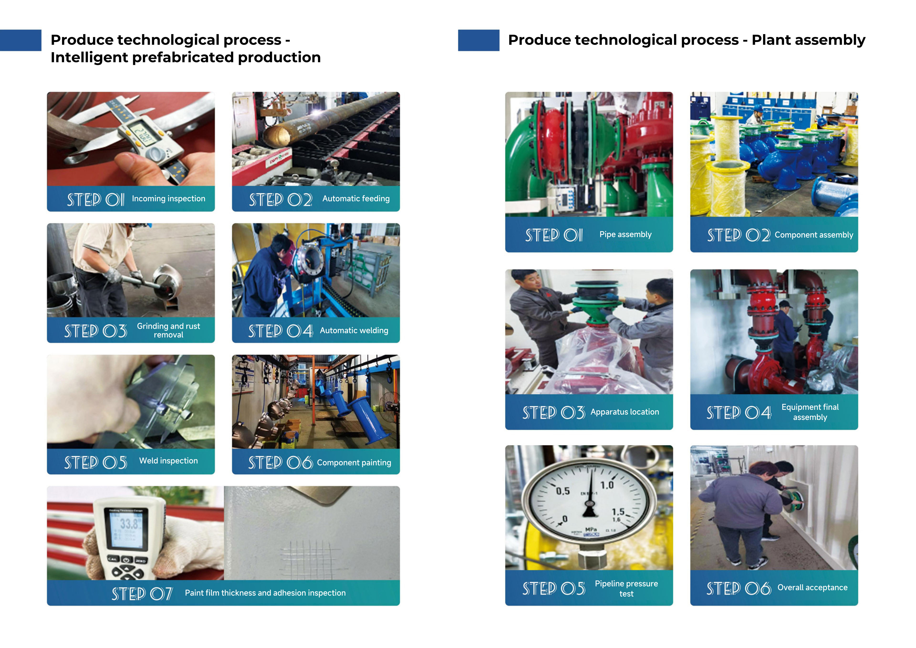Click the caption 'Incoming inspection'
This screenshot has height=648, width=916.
[168, 199]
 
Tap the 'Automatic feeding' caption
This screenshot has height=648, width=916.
[356, 199]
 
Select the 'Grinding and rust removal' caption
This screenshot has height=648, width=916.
[168, 330]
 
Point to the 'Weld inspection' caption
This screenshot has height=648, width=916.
[168, 461]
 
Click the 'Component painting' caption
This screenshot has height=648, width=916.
[354, 463]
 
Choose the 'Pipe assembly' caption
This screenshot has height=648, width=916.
[625, 235]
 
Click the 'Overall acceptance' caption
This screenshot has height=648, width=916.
[812, 588]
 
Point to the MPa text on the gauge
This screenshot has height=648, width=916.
[591, 529]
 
